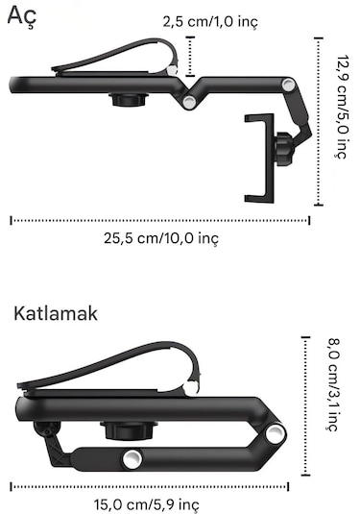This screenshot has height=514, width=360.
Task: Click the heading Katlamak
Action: coord(56,313)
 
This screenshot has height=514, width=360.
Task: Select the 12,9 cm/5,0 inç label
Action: coord(340,119)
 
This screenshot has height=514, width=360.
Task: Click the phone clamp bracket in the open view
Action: coord(258,158)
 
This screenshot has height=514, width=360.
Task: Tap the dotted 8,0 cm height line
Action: coord(305,404)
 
